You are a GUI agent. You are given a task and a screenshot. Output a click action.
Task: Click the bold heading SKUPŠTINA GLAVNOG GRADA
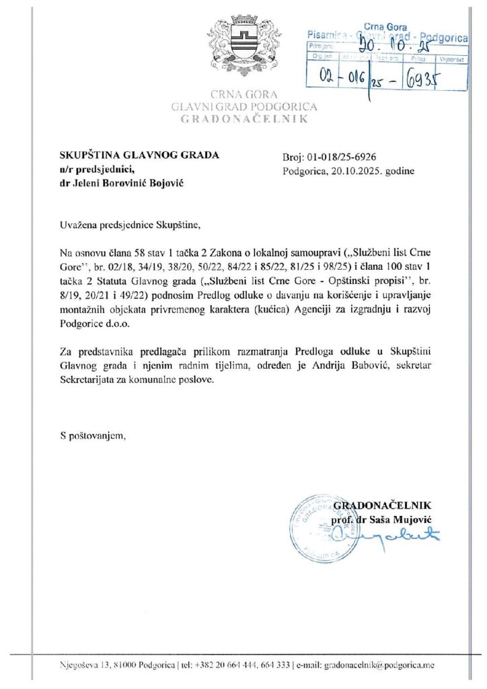tap(139, 155)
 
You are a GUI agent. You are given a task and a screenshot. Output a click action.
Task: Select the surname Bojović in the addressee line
tap(165, 183)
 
